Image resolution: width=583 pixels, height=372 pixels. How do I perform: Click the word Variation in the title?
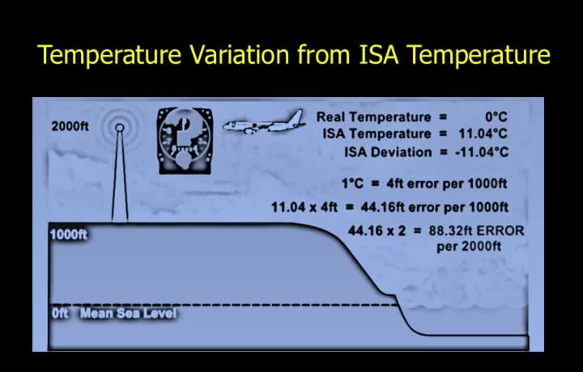(239, 54)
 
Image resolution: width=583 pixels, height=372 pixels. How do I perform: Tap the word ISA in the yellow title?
(378, 54)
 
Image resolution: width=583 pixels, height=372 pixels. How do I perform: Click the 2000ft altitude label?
(70, 127)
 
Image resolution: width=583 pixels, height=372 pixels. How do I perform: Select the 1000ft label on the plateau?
(69, 235)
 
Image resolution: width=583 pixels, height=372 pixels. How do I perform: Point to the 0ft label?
(60, 313)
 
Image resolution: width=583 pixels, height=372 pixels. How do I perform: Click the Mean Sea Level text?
(128, 313)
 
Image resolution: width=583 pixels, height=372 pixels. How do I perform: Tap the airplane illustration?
(264, 122)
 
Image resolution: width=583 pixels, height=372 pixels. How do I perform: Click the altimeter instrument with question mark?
(185, 141)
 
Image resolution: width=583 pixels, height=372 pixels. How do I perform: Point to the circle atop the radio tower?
(119, 128)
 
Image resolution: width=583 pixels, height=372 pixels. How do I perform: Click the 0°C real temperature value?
(496, 117)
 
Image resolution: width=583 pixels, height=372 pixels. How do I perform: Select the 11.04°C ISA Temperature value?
(483, 133)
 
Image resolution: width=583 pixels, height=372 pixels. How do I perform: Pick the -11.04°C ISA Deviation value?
(482, 152)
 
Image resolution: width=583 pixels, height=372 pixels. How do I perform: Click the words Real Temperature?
(373, 117)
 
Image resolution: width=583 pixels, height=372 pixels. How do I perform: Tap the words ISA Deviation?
(388, 152)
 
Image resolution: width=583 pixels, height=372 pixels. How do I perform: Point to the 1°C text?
(352, 184)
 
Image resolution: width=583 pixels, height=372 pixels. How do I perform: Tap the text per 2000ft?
(469, 247)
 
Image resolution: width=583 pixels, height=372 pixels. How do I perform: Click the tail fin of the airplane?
(296, 117)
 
